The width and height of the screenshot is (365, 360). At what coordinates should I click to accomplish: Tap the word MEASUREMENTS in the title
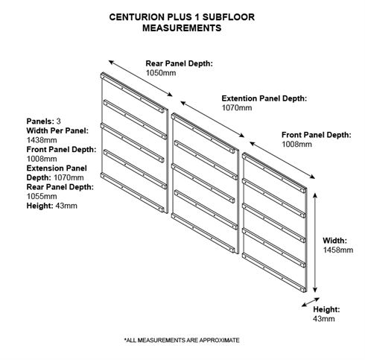click(182, 28)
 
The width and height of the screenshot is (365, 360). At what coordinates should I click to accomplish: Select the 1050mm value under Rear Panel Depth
click(161, 73)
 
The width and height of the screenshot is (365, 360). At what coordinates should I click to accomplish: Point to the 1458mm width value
click(338, 250)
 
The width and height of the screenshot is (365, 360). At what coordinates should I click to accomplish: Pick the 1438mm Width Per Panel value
click(42, 140)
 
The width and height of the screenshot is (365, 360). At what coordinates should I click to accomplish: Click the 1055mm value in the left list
click(42, 196)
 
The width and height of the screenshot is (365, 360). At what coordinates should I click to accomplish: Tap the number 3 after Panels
click(58, 121)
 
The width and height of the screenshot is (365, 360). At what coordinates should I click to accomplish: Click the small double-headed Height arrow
click(311, 302)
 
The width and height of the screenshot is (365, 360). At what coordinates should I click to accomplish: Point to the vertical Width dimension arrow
click(315, 242)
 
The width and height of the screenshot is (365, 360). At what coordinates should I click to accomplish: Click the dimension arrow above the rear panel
click(141, 78)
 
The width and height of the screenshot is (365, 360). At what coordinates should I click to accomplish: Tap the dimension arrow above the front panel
click(282, 160)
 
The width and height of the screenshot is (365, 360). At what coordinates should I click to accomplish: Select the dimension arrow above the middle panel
click(212, 119)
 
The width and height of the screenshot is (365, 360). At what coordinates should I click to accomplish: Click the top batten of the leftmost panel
click(133, 92)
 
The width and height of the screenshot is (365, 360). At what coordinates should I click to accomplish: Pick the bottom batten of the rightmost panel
click(273, 273)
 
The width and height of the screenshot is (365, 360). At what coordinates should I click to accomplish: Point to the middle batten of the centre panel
click(203, 183)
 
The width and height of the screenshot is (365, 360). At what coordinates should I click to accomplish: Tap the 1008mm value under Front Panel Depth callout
click(296, 145)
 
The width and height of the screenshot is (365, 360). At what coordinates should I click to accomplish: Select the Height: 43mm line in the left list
click(52, 206)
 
